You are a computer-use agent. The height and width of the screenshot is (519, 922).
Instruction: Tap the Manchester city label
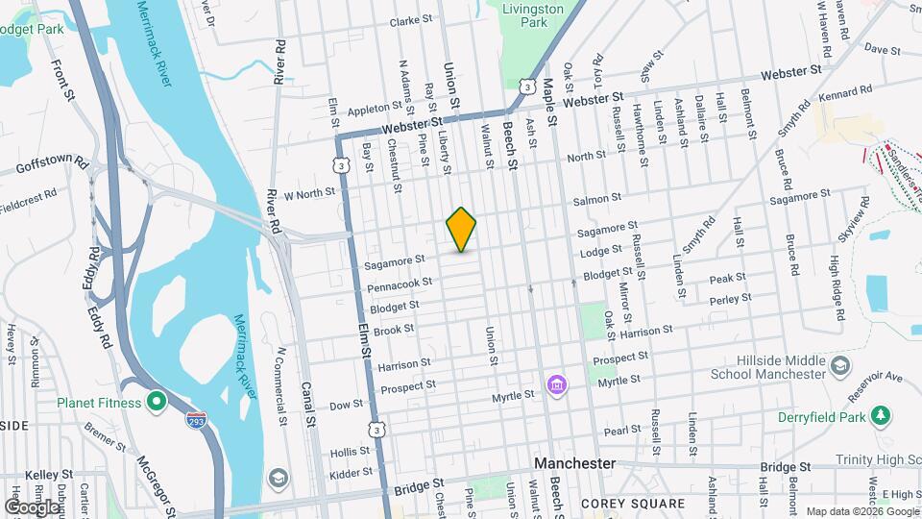(x=574, y=463)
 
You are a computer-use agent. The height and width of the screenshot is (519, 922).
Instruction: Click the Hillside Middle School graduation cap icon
(x=840, y=365)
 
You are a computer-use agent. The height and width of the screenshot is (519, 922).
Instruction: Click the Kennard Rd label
(x=846, y=91)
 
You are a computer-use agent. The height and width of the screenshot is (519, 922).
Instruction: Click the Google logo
(x=32, y=507)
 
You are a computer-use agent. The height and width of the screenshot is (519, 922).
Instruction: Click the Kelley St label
(x=49, y=475)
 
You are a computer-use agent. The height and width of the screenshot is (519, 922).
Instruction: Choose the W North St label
(x=308, y=191)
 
